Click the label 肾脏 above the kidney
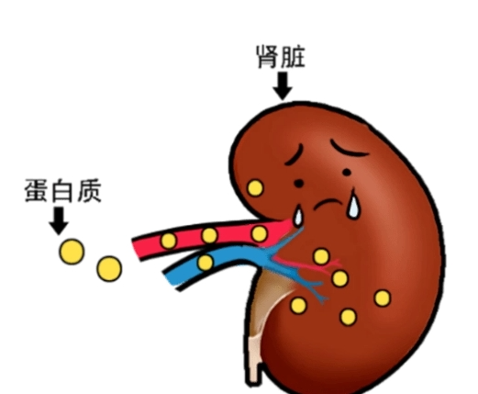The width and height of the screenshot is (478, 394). (x=281, y=57)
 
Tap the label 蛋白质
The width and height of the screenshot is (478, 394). (x=62, y=191)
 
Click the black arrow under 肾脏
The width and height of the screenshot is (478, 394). (x=283, y=86)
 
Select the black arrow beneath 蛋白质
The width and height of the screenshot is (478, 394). (x=59, y=220)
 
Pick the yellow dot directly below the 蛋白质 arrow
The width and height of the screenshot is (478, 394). (x=72, y=252)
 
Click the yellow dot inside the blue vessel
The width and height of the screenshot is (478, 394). (x=206, y=263)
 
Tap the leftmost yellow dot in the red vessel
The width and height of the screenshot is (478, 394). (x=169, y=241)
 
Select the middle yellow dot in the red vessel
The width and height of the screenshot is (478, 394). (x=209, y=235)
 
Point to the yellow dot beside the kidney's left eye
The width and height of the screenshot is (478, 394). (x=255, y=188)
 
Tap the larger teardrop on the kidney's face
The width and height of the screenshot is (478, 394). (x=353, y=204)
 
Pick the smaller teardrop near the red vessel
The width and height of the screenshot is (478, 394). (x=298, y=216)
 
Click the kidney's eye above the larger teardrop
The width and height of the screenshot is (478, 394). (x=347, y=173)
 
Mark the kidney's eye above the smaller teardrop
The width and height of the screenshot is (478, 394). (x=299, y=184)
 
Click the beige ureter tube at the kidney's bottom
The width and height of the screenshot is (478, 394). (x=255, y=358)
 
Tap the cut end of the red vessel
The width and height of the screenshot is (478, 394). (x=137, y=249)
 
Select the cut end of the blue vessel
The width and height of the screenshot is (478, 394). (x=172, y=280)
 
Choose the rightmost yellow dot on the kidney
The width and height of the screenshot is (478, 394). (x=383, y=298)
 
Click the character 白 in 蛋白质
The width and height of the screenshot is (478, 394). (x=63, y=191)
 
